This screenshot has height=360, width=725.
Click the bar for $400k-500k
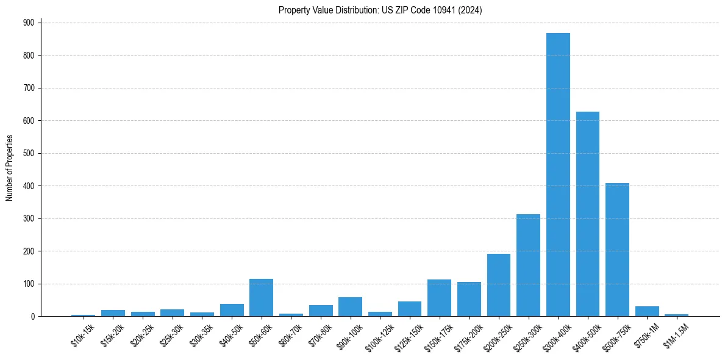pos(588,214)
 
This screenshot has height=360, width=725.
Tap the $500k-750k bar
pos(617,250)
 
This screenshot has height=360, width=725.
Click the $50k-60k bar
pos(261,298)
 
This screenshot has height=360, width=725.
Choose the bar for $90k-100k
pos(350,307)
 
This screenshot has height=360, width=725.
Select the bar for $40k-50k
pos(232,310)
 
